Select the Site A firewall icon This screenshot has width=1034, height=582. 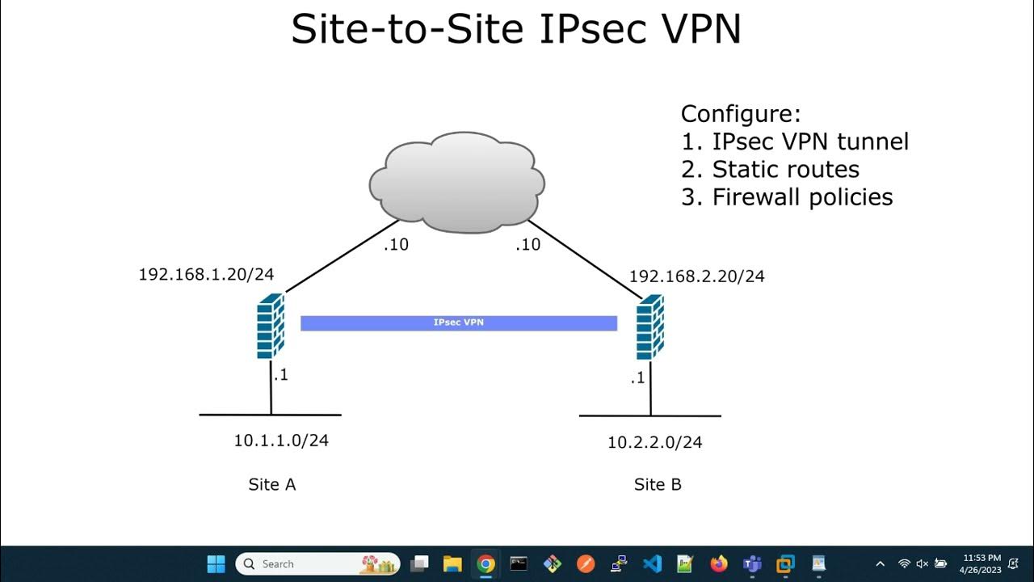(x=271, y=326)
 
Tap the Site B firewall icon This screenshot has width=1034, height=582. (x=649, y=327)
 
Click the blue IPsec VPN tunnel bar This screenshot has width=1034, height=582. (x=459, y=323)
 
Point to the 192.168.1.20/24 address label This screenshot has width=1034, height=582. (x=206, y=274)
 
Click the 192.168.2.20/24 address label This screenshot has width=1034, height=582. (x=696, y=276)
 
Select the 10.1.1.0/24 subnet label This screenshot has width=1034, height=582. (x=281, y=441)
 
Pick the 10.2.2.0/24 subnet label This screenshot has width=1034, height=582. (x=655, y=442)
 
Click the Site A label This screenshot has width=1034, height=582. (x=271, y=484)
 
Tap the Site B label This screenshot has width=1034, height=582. (x=658, y=484)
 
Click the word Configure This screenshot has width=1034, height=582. (x=741, y=114)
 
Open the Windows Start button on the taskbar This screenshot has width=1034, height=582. (x=216, y=563)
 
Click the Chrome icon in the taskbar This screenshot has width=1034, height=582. (x=485, y=563)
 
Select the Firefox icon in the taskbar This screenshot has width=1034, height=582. (x=719, y=563)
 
